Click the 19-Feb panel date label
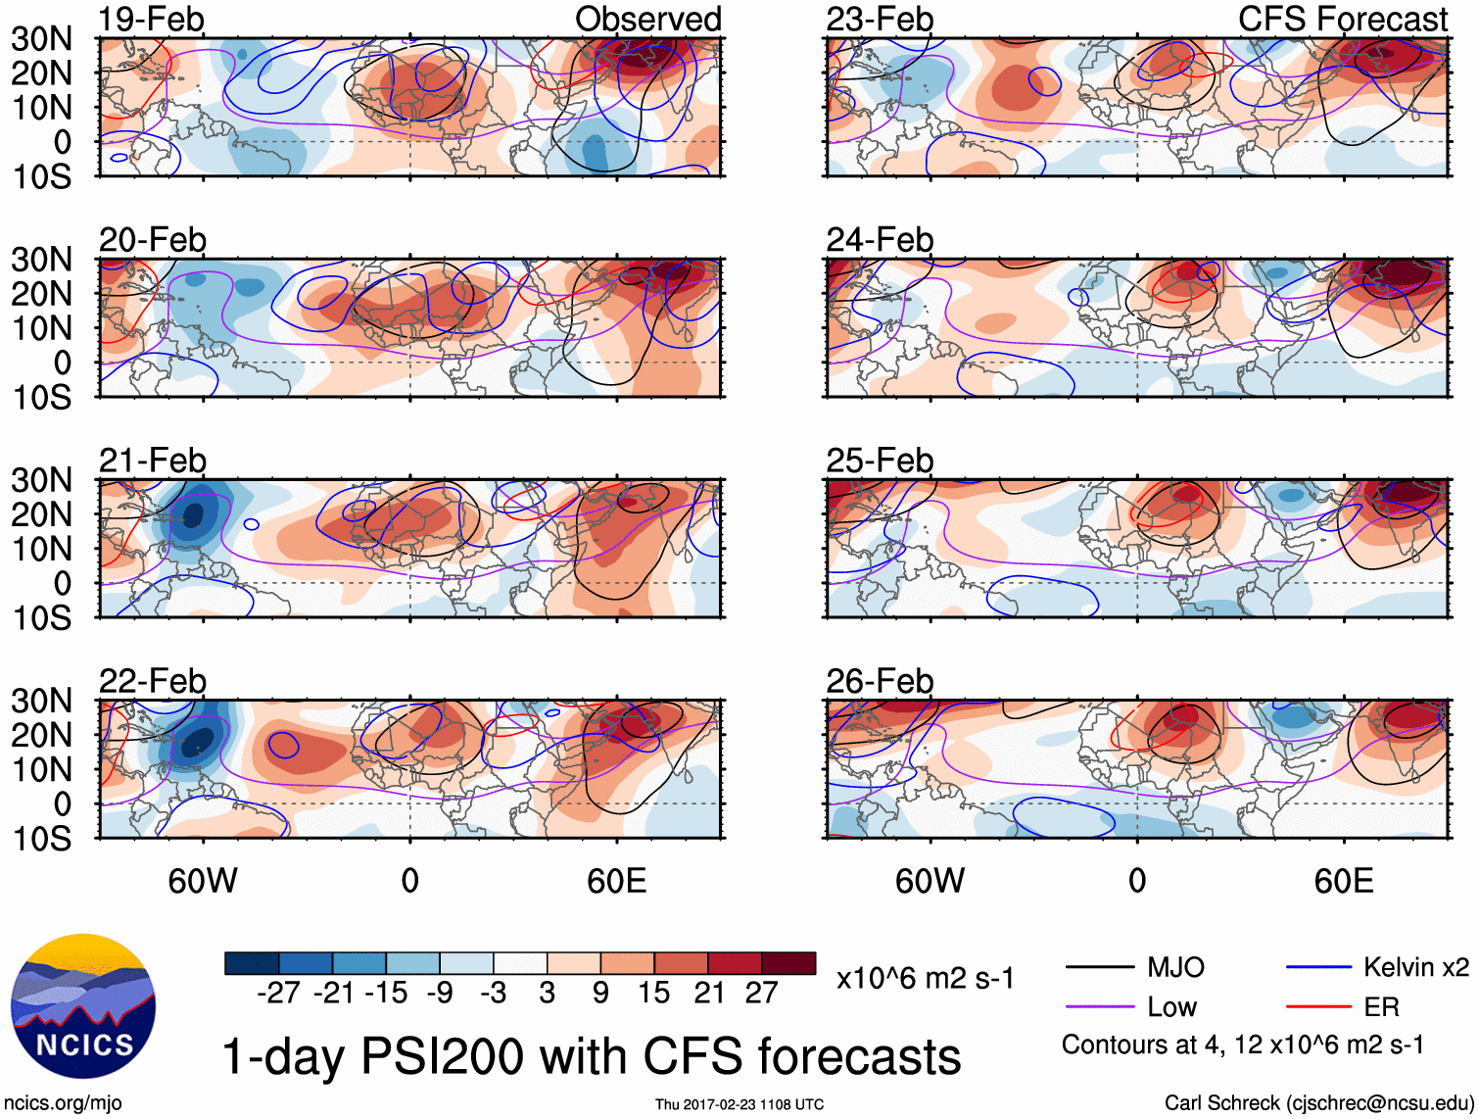[152, 20]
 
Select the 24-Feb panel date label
[880, 240]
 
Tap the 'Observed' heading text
[647, 20]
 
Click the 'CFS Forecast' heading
[1342, 20]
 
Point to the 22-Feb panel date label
[153, 681]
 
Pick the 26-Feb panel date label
[880, 681]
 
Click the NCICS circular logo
[83, 1006]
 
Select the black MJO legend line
[1099, 968]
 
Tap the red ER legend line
[1318, 1006]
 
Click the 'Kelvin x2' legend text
[1415, 968]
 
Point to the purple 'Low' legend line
[1099, 1006]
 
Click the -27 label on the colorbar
[278, 993]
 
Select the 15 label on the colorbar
[654, 993]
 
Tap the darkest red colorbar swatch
[788, 963]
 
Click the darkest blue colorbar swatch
[252, 963]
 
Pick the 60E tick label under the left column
[616, 881]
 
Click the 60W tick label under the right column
[930, 881]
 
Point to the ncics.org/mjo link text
[63, 1102]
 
